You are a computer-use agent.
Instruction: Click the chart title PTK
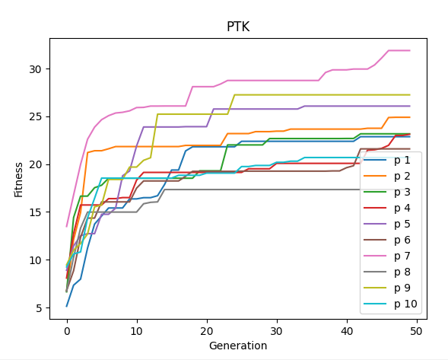[x=238, y=27]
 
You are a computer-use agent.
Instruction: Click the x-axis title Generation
[x=238, y=346]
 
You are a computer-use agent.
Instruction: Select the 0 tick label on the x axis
[x=67, y=331]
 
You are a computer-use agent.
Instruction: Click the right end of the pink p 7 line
[x=410, y=51]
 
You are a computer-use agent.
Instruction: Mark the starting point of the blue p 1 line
[x=67, y=306]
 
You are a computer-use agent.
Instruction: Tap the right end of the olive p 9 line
[x=410, y=95]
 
